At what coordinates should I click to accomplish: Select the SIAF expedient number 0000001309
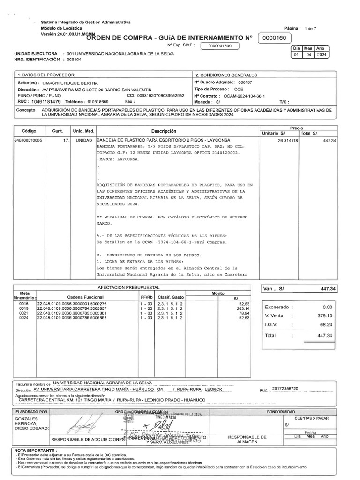point(220,46)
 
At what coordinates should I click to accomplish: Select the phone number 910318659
point(98,101)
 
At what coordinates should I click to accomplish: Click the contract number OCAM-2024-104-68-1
point(244,96)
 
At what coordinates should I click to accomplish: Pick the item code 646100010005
point(29,140)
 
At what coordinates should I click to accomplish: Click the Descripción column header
point(164,131)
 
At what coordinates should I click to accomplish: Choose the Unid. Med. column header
point(83,131)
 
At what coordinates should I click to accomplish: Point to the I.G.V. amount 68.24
point(325,324)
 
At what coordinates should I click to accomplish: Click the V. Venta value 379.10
point(324,315)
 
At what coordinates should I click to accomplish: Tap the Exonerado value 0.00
point(327,307)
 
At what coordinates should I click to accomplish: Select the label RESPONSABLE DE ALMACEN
point(247,439)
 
